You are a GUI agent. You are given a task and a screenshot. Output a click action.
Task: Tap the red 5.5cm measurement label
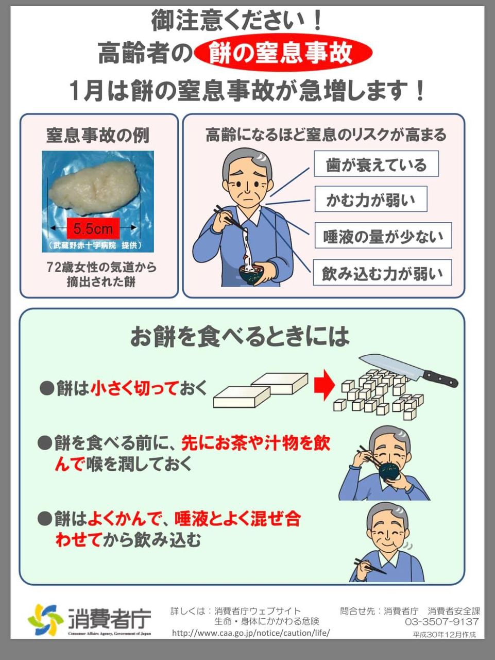pos(93,228)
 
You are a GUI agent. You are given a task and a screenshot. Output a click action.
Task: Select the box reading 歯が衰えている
pos(376,164)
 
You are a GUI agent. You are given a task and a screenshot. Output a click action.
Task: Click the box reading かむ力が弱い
pos(371,199)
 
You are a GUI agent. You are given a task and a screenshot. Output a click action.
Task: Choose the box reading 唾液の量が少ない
pos(383,236)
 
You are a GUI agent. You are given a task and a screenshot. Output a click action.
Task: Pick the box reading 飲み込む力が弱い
pos(382,272)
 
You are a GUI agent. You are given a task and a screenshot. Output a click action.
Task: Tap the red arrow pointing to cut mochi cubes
pos(325,385)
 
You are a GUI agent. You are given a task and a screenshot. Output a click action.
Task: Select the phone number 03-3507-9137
pos(441,621)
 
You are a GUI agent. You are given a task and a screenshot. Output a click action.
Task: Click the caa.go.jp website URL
pos(251,633)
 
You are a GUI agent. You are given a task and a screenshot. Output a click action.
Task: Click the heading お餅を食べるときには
pos(240,336)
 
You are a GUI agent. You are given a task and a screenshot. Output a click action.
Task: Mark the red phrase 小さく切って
pos(133,388)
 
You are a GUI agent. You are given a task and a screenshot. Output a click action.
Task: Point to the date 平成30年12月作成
pos(444,635)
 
